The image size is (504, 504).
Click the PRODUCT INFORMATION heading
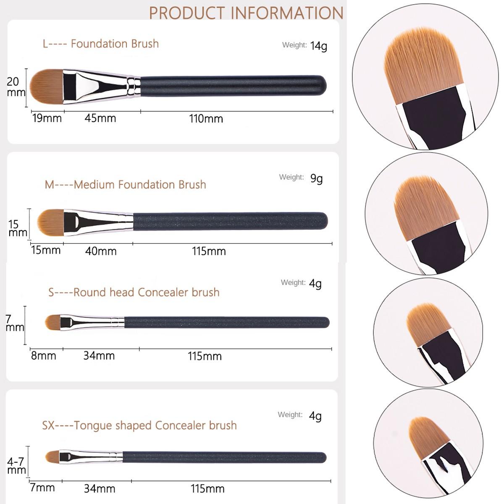pos(246,13)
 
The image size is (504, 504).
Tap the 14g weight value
pos(318,46)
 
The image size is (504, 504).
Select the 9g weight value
pos(316,178)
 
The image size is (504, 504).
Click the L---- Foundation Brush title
pos(101,44)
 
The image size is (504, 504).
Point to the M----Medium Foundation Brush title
pos(125,184)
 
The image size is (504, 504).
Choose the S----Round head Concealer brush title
pos(134,292)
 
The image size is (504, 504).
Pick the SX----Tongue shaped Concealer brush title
pos(139,425)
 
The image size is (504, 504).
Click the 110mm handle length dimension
pos(206,119)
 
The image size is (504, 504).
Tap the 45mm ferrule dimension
pos(100,118)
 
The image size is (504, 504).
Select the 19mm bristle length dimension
pos(47,118)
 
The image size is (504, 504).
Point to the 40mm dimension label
pos(101,251)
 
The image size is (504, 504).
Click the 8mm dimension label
pos(44,356)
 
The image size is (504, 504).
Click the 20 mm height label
pos(16,87)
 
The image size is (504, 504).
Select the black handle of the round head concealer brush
pos(227,323)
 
